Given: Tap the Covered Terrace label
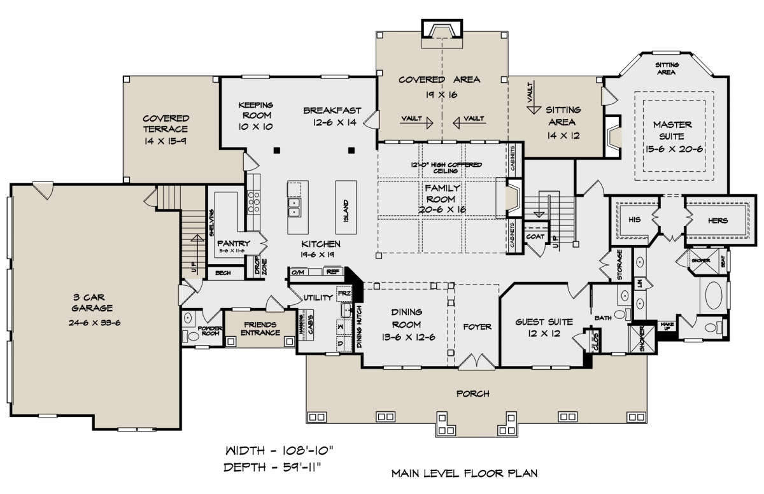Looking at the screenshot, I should (x=166, y=123).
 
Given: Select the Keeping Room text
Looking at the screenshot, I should (x=255, y=110).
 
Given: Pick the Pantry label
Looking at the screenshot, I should (x=233, y=243).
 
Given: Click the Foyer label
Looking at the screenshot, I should (x=478, y=327).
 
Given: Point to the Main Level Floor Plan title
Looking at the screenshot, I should (x=463, y=473).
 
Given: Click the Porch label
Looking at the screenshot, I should (x=472, y=393).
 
